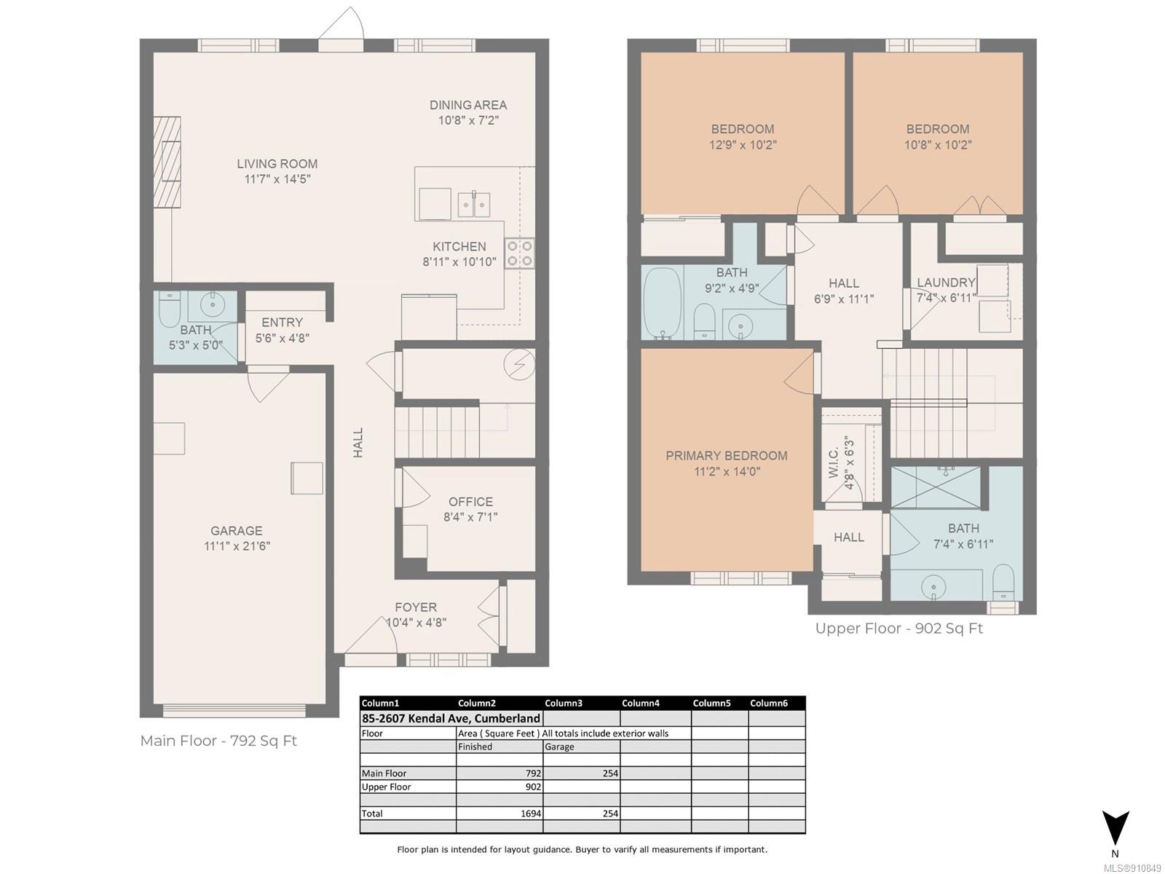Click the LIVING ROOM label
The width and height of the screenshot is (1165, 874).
coord(277,164)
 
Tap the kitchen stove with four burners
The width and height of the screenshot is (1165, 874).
coord(519,253)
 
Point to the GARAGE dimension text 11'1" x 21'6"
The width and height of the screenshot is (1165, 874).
coord(237,546)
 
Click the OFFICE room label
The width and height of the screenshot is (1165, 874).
coord(470,502)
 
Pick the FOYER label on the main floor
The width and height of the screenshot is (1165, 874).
coord(416,607)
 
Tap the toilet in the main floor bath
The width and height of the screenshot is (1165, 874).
coord(170,310)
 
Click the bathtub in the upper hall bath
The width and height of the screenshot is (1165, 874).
coord(662,303)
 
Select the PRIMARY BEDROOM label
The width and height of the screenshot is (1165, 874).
coord(726,455)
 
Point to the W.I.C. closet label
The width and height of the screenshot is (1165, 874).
coord(833,462)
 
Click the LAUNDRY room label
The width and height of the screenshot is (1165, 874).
coord(946,283)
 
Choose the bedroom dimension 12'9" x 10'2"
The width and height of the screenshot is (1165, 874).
coord(743,144)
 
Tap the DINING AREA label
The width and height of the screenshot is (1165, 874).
coord(467,105)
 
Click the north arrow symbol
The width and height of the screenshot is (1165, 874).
coord(1115,830)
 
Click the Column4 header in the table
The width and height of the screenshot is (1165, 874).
coord(640,703)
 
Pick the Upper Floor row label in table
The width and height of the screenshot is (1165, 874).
coord(386,787)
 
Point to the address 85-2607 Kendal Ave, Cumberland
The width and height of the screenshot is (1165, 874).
coord(451,719)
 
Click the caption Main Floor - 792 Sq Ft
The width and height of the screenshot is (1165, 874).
coord(218,741)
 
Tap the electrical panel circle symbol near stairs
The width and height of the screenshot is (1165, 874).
coord(519,364)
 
